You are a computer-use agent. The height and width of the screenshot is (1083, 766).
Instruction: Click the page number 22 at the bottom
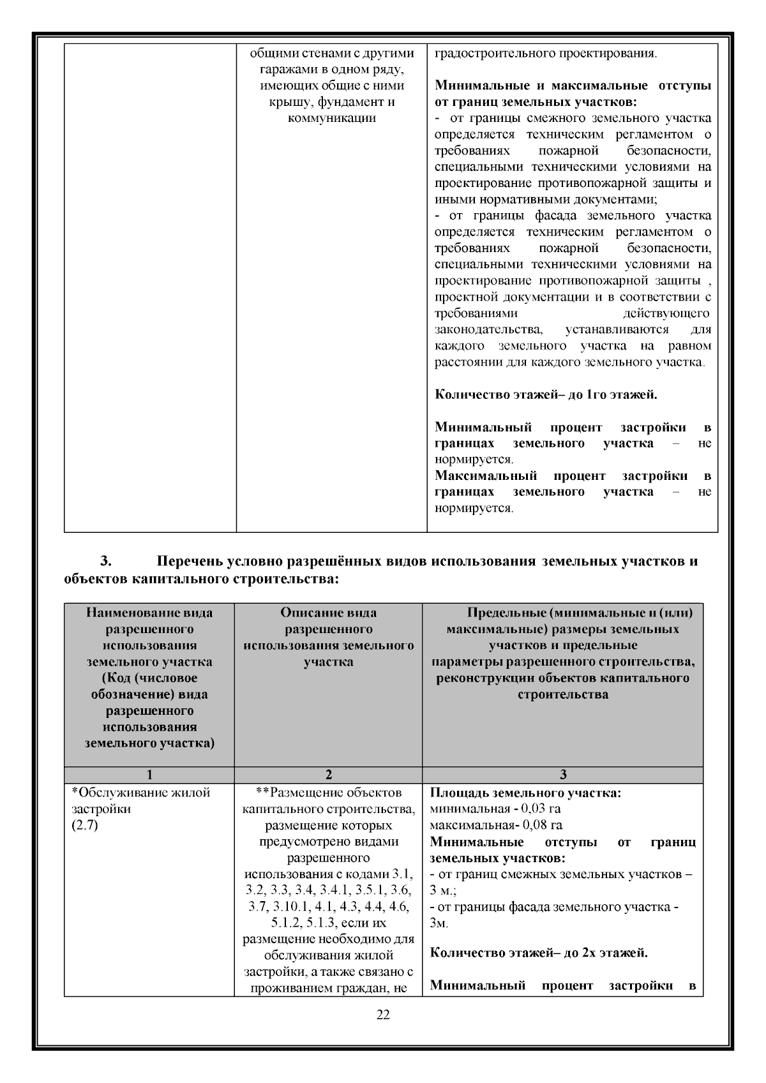coord(383,1015)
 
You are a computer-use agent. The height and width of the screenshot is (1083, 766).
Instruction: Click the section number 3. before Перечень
coord(106,562)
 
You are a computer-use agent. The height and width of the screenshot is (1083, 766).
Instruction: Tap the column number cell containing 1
coord(149,775)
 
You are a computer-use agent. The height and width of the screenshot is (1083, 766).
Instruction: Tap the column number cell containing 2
coord(328,775)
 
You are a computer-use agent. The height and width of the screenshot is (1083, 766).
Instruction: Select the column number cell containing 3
coord(562,775)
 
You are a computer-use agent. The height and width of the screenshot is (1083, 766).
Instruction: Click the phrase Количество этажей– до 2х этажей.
coord(539,953)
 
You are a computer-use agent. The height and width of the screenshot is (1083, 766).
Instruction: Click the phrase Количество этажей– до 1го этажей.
coord(546,394)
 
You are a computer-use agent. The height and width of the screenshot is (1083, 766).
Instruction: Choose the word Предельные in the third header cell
coord(505,613)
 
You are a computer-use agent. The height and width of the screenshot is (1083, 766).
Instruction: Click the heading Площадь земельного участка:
coord(526,793)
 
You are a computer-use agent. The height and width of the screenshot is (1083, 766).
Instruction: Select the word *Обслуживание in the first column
coord(112,793)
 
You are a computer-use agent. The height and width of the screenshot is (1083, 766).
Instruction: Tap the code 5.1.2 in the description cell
coord(285,923)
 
